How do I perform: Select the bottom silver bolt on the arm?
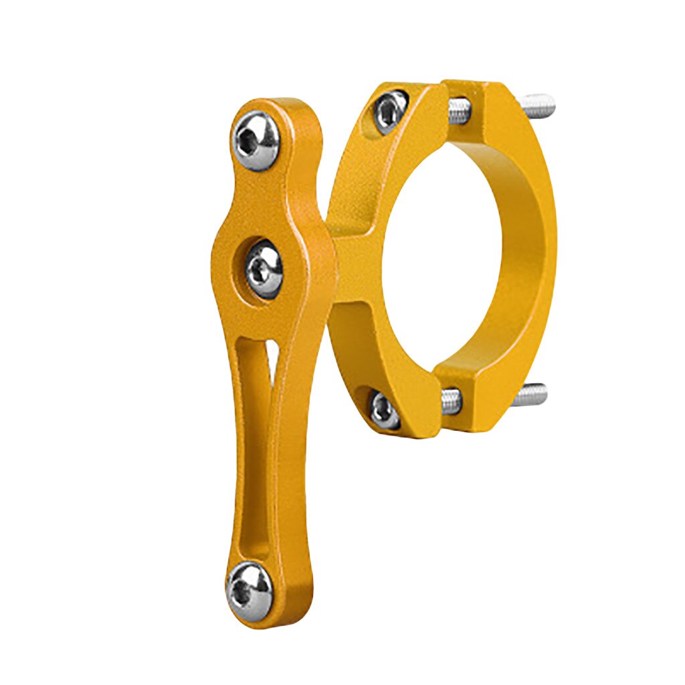[250, 590]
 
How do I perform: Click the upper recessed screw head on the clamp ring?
[390, 110]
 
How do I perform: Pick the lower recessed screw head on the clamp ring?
[386, 409]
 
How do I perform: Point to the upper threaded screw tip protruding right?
[539, 104]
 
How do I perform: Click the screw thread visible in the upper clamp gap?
[458, 111]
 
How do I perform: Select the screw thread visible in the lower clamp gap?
[452, 401]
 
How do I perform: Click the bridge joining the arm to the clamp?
[348, 268]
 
